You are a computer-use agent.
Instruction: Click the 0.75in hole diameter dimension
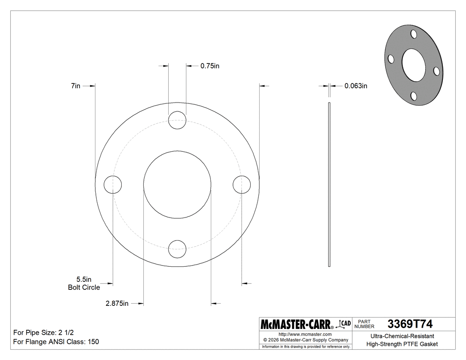tap(210, 66)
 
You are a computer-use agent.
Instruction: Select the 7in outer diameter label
tap(75, 86)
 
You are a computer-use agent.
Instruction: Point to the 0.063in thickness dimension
tap(355, 86)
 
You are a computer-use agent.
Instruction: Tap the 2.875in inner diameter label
tap(117, 304)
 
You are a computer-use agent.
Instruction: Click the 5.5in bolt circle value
tap(83, 279)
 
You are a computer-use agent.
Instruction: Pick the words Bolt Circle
tap(83, 287)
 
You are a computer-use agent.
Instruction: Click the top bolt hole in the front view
tap(177, 120)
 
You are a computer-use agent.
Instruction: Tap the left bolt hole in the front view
tap(113, 184)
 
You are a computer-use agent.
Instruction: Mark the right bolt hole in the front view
tap(241, 184)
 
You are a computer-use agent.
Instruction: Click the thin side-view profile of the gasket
tap(329, 185)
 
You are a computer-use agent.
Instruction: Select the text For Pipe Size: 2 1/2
tap(47, 332)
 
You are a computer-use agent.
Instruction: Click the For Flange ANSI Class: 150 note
tap(56, 342)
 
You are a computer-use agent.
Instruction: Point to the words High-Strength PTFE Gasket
tap(402, 344)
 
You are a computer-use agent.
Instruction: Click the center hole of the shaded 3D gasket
tap(413, 65)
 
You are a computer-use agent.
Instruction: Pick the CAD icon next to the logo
tap(345, 324)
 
